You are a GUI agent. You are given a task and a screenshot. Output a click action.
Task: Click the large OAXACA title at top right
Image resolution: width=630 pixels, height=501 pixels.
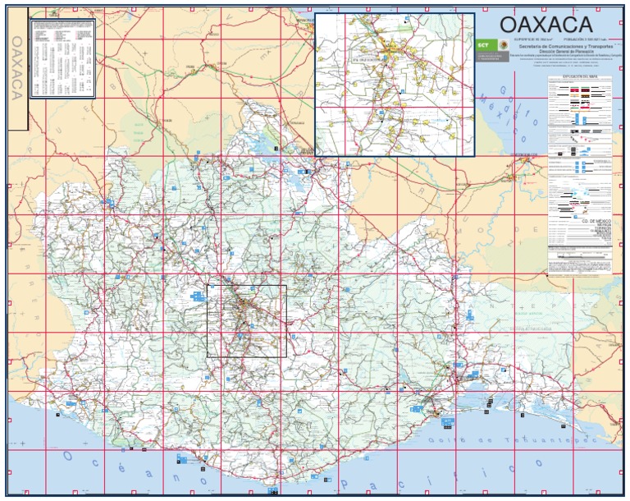click(546, 24)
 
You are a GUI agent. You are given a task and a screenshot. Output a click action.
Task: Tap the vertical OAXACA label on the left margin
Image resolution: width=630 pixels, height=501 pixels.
click(16, 69)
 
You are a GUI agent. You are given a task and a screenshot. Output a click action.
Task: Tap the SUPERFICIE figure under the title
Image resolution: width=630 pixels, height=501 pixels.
click(532, 39)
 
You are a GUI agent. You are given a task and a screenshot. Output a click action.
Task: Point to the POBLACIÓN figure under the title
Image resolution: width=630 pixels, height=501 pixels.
click(587, 39)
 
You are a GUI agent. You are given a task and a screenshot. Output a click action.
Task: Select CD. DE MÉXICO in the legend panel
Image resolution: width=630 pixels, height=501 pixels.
click(596, 222)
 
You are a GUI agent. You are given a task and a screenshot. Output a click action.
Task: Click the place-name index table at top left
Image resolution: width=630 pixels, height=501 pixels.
click(63, 57)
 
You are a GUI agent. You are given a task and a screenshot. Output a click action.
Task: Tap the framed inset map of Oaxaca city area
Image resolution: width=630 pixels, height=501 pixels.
click(395, 84)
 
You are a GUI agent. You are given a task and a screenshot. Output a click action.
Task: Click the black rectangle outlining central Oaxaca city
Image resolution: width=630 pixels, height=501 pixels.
click(246, 320)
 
